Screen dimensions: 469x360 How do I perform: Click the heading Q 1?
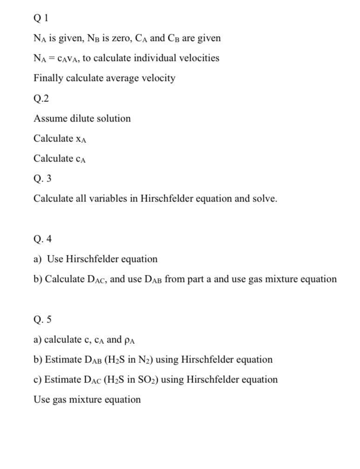[40, 18]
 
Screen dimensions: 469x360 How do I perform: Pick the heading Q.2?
[41, 98]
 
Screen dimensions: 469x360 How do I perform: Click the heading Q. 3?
[42, 178]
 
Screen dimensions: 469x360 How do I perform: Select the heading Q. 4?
[42, 239]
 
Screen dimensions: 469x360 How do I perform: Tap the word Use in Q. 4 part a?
[55, 259]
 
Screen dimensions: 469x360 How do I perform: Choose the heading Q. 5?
[42, 319]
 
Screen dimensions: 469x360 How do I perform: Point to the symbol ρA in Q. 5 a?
[130, 340]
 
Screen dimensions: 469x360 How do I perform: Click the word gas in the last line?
[59, 400]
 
